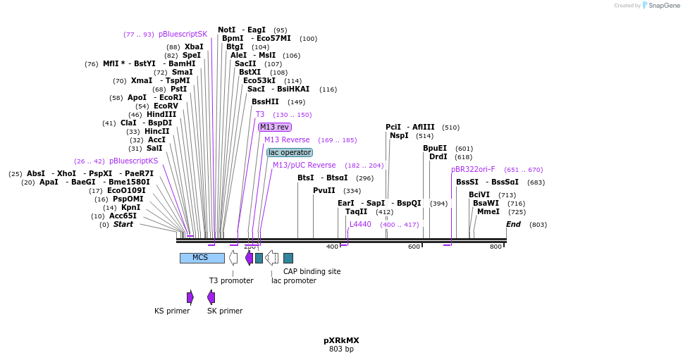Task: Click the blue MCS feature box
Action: click(202, 258)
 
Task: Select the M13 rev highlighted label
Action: click(274, 127)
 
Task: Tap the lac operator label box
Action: click(290, 152)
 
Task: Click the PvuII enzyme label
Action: click(324, 190)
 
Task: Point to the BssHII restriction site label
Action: click(265, 101)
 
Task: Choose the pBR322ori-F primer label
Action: click(473, 169)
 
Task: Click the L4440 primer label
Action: click(360, 224)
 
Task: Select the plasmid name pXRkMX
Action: click(341, 340)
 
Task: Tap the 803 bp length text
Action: click(341, 349)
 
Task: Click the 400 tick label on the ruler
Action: click(332, 247)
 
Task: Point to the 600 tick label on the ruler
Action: click(414, 247)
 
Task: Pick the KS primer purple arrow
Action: click(190, 297)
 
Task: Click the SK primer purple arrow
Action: click(211, 297)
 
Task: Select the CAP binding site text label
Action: click(312, 271)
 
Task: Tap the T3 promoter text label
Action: click(231, 280)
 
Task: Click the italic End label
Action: click(513, 224)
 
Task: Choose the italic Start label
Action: click(123, 224)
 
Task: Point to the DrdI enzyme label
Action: click(438, 156)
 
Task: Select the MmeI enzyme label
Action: click(488, 211)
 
